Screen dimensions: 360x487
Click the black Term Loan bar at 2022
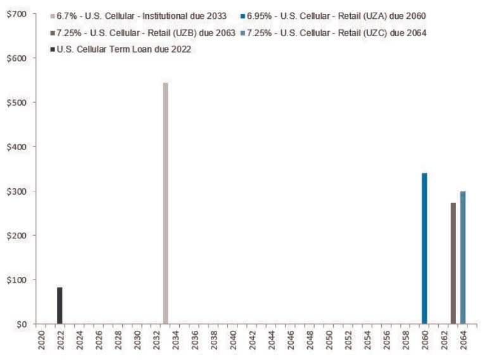60,305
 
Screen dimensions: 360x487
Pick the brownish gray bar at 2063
453,263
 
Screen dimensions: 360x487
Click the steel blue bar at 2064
463,257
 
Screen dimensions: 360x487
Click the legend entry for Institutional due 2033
139,15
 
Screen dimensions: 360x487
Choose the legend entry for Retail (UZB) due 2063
143,32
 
